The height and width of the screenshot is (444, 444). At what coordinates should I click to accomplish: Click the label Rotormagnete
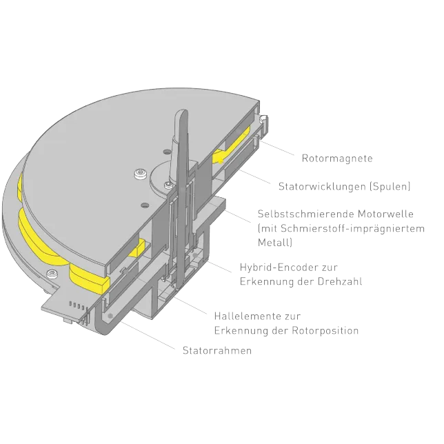[x=337, y=158]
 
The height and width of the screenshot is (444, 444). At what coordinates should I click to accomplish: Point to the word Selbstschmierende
[x=306, y=214]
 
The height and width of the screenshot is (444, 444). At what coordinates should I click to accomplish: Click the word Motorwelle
[x=385, y=214]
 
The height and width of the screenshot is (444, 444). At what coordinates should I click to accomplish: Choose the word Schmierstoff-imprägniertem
[x=352, y=228]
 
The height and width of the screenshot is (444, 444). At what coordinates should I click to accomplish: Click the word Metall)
[x=275, y=243]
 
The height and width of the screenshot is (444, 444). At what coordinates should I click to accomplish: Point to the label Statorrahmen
[x=217, y=350]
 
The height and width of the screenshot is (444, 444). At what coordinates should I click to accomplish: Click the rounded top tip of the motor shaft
[x=181, y=111]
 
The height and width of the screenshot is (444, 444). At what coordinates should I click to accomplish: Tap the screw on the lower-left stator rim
[x=52, y=274]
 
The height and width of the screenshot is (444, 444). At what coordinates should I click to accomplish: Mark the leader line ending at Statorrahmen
[x=148, y=336]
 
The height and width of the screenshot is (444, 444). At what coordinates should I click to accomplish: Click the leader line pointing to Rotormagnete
[x=277, y=148]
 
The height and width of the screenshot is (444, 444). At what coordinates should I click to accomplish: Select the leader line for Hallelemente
[x=190, y=305]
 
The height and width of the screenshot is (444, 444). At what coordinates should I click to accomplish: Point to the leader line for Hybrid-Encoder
[x=219, y=266]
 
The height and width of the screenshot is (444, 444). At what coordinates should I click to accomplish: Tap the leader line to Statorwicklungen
[x=255, y=176]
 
